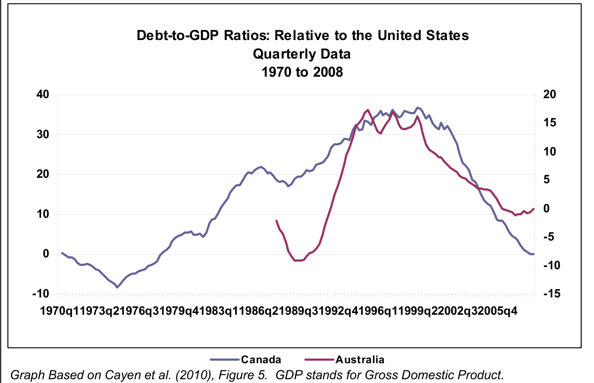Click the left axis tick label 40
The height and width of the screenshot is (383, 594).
43,95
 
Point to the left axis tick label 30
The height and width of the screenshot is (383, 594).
43,135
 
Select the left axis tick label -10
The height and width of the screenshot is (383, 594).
40,294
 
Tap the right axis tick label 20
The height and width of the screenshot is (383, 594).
549,95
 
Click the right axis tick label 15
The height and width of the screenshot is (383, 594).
549,123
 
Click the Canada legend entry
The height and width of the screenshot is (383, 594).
260,359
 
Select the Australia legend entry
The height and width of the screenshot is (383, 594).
359,359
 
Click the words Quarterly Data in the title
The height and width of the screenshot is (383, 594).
302,54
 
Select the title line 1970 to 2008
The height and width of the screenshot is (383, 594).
302,72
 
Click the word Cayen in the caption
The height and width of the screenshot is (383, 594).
99,375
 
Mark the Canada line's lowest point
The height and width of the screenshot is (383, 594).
117,287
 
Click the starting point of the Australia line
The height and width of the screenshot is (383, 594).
276,220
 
